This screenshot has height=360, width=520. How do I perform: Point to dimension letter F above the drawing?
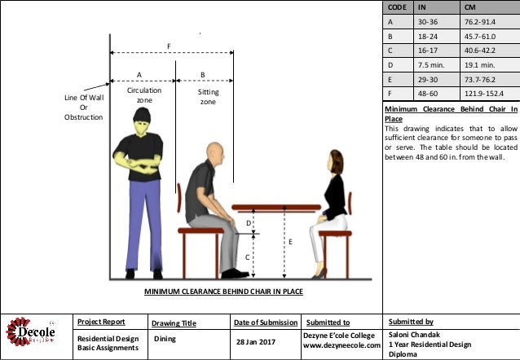[x=170, y=46]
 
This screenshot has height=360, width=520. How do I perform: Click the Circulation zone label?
[x=144, y=95]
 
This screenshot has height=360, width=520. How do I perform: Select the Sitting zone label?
[x=209, y=97]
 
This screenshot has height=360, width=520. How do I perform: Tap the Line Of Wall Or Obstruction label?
[x=84, y=108]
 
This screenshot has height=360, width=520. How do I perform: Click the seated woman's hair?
[x=334, y=160]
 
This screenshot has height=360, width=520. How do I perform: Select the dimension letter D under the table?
[x=248, y=222]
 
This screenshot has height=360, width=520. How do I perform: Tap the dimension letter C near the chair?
[x=247, y=257]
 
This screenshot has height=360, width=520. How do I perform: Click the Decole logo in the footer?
[x=32, y=334]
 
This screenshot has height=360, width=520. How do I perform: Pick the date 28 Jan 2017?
[x=255, y=340]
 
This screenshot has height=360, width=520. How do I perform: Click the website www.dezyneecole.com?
[x=342, y=345]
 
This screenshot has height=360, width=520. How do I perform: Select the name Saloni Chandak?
[x=416, y=334]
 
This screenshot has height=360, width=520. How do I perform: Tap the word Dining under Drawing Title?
[x=165, y=337]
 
